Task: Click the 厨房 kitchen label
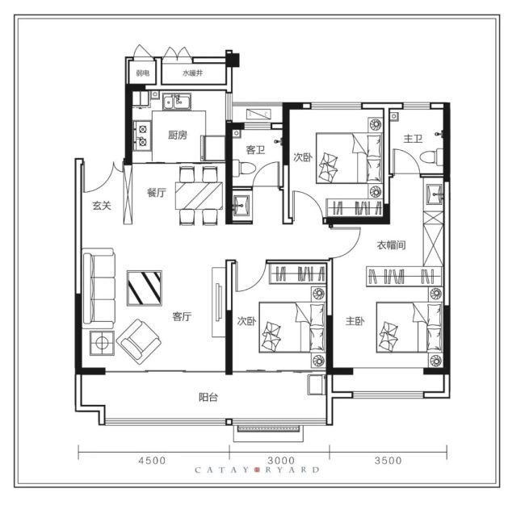(178, 135)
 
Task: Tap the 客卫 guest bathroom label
(255, 150)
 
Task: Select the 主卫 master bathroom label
(413, 139)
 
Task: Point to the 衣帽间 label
(391, 245)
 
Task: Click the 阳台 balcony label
(208, 398)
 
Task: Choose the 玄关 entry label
(102, 206)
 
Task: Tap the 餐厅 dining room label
(157, 193)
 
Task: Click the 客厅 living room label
(182, 316)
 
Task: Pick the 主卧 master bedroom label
(355, 321)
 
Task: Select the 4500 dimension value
(153, 461)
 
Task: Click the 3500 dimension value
(388, 461)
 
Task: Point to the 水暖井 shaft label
(192, 73)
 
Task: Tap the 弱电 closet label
(143, 73)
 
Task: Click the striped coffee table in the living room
(145, 288)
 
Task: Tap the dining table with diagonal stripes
(199, 196)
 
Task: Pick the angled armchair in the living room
(139, 341)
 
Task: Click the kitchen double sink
(177, 102)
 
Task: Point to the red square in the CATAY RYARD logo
(258, 470)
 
